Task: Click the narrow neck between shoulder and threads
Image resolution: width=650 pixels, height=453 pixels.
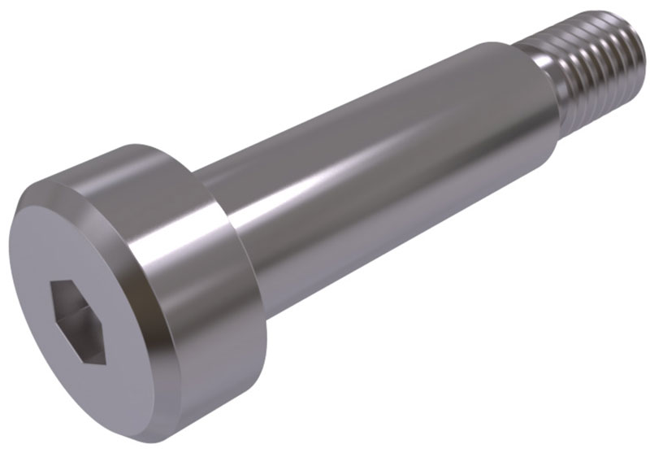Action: pyautogui.click(x=561, y=89)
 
